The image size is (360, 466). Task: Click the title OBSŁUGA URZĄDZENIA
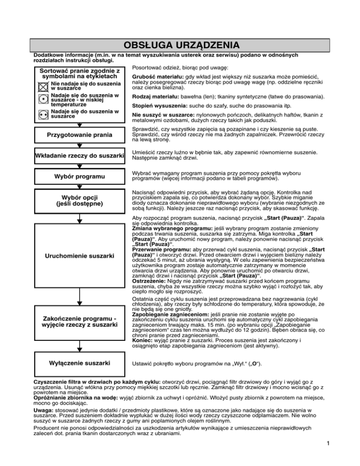(x=180, y=45)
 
